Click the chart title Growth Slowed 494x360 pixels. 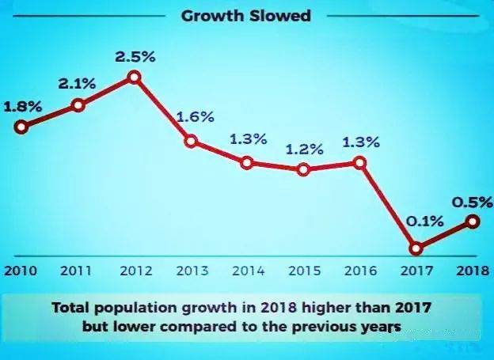click(245, 16)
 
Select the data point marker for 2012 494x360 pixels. click(134, 77)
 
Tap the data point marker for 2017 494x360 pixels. click(417, 248)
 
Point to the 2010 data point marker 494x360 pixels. click(21, 126)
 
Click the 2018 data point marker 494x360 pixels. click(473, 222)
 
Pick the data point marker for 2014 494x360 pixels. click(247, 163)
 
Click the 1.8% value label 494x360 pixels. click(23, 105)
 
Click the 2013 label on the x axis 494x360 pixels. click(192, 271)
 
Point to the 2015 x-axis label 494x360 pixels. click(304, 271)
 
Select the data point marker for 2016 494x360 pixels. click(360, 162)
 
